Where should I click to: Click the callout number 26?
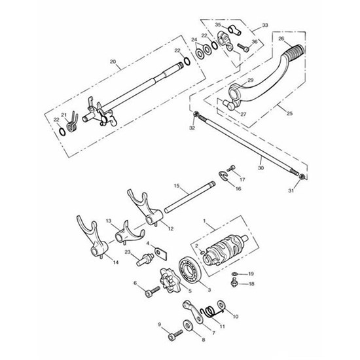tap(281, 39)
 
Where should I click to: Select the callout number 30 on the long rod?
tap(261, 168)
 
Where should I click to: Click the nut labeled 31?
tap(302, 177)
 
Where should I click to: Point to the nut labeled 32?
tap(196, 114)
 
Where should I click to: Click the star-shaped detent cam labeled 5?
tap(170, 280)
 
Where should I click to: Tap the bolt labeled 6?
tap(153, 291)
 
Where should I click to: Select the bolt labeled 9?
tap(175, 335)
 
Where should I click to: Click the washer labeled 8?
tap(189, 326)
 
